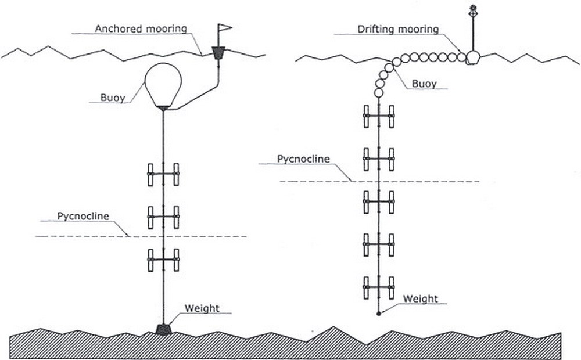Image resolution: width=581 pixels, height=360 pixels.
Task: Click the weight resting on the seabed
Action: coord(164,329)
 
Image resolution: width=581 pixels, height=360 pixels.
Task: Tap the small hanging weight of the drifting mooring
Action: coord(379,314)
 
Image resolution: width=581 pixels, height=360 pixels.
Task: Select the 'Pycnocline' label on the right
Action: coord(300,159)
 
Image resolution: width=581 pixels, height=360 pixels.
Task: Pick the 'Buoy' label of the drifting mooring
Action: coord(424,83)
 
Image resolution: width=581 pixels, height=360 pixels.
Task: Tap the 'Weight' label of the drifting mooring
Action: coord(421,298)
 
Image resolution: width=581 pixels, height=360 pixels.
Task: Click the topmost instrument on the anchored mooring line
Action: coord(164,174)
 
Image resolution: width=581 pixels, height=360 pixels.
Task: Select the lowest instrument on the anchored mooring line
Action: coord(164,260)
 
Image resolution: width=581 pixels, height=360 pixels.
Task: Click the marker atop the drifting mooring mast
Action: coord(473,9)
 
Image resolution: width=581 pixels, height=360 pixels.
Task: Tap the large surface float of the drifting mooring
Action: coord(472,57)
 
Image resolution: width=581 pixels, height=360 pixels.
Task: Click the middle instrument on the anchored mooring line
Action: coord(164,217)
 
